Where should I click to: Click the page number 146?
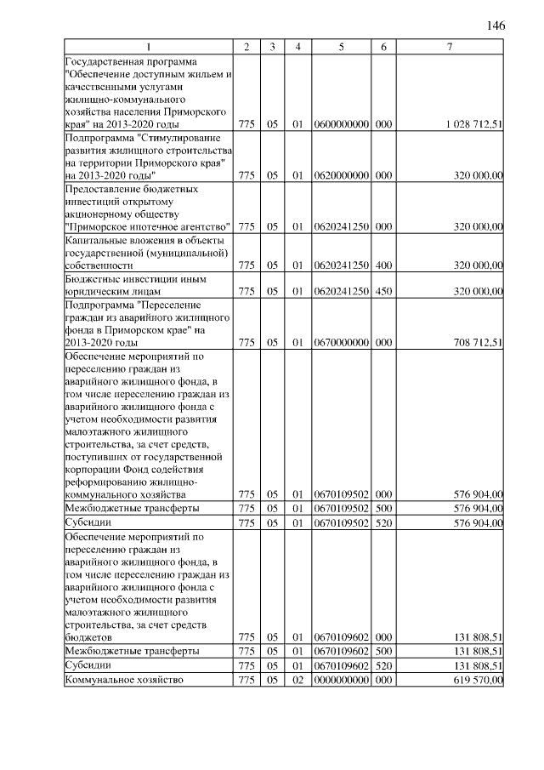(496, 26)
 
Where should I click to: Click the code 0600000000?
(341, 124)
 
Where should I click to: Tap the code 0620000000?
(341, 175)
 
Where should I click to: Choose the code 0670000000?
(341, 343)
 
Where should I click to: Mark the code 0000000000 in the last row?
(341, 680)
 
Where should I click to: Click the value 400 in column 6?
(383, 265)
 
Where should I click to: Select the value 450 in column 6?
(383, 292)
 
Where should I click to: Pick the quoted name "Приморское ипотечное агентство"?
(148, 227)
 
